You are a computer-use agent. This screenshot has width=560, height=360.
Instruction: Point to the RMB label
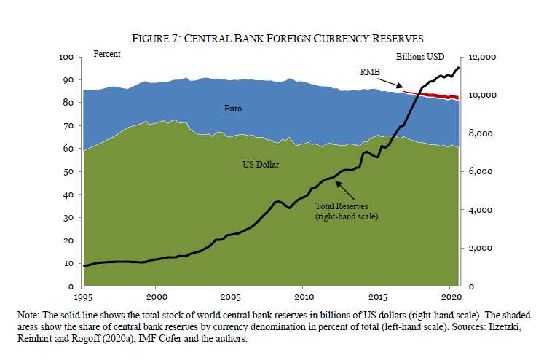click(371, 71)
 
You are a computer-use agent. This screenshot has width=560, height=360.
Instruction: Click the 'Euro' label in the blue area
click(232, 109)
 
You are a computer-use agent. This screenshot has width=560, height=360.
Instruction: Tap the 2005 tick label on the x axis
click(231, 297)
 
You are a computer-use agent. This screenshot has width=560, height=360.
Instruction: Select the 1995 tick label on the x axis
click(84, 297)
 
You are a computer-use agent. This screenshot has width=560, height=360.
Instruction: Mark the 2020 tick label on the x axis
click(451, 297)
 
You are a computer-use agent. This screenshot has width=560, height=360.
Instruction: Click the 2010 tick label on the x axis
click(304, 297)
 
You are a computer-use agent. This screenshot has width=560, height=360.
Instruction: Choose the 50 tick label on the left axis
click(68, 171)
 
